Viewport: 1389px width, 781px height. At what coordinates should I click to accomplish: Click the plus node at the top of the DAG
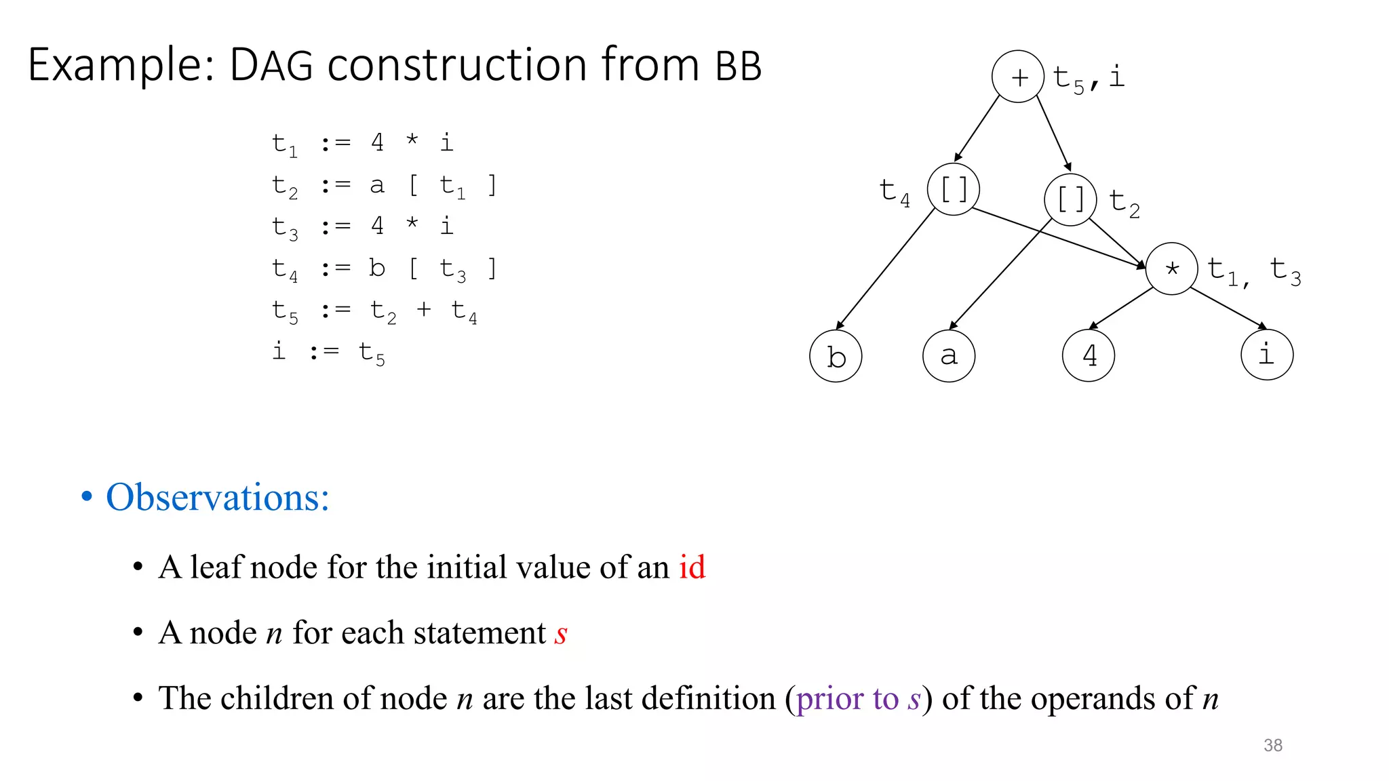coord(1017,77)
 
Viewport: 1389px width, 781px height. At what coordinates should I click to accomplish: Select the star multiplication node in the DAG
coord(1171,268)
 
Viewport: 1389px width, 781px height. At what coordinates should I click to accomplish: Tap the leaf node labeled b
coord(836,356)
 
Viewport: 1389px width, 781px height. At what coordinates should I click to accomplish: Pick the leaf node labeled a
coord(949,356)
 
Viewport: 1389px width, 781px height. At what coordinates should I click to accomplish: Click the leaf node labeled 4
coord(1089,355)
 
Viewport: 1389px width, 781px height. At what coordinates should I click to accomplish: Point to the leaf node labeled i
coord(1266,355)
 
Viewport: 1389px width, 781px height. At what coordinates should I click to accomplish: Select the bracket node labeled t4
coord(953,189)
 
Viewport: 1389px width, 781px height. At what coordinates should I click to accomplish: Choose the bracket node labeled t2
coord(1070,200)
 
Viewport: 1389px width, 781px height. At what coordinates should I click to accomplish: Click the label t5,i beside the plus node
coord(1089,78)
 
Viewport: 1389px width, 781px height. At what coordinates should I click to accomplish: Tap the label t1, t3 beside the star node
coord(1254,271)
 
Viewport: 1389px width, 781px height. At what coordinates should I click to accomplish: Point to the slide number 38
coord(1273,745)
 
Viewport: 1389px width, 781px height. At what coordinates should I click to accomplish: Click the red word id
coord(692,567)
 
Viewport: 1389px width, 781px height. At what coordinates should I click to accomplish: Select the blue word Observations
coord(217,497)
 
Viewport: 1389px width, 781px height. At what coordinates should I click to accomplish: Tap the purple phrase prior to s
coord(858,698)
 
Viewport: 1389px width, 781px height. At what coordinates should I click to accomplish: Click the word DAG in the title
coord(271,66)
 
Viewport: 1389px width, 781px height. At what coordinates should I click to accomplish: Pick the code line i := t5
coord(328,353)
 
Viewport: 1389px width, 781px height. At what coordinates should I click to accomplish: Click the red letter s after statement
coord(561,634)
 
